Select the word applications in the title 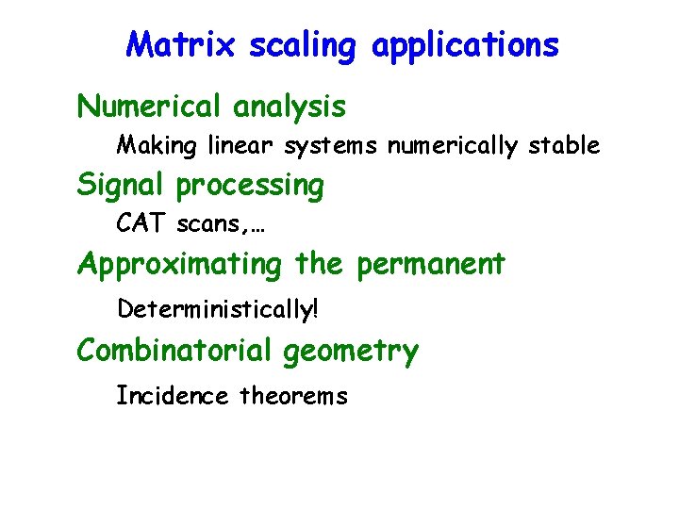coord(465,45)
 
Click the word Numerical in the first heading coord(150,107)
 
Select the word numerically coord(452,146)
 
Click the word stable coord(564,145)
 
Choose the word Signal coord(122,186)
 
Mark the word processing coord(250,187)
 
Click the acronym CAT coord(141,224)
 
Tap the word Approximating coord(179,265)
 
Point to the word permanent coord(430,265)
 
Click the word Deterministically coord(224,308)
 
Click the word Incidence coord(172,396)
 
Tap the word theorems coord(293,396)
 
